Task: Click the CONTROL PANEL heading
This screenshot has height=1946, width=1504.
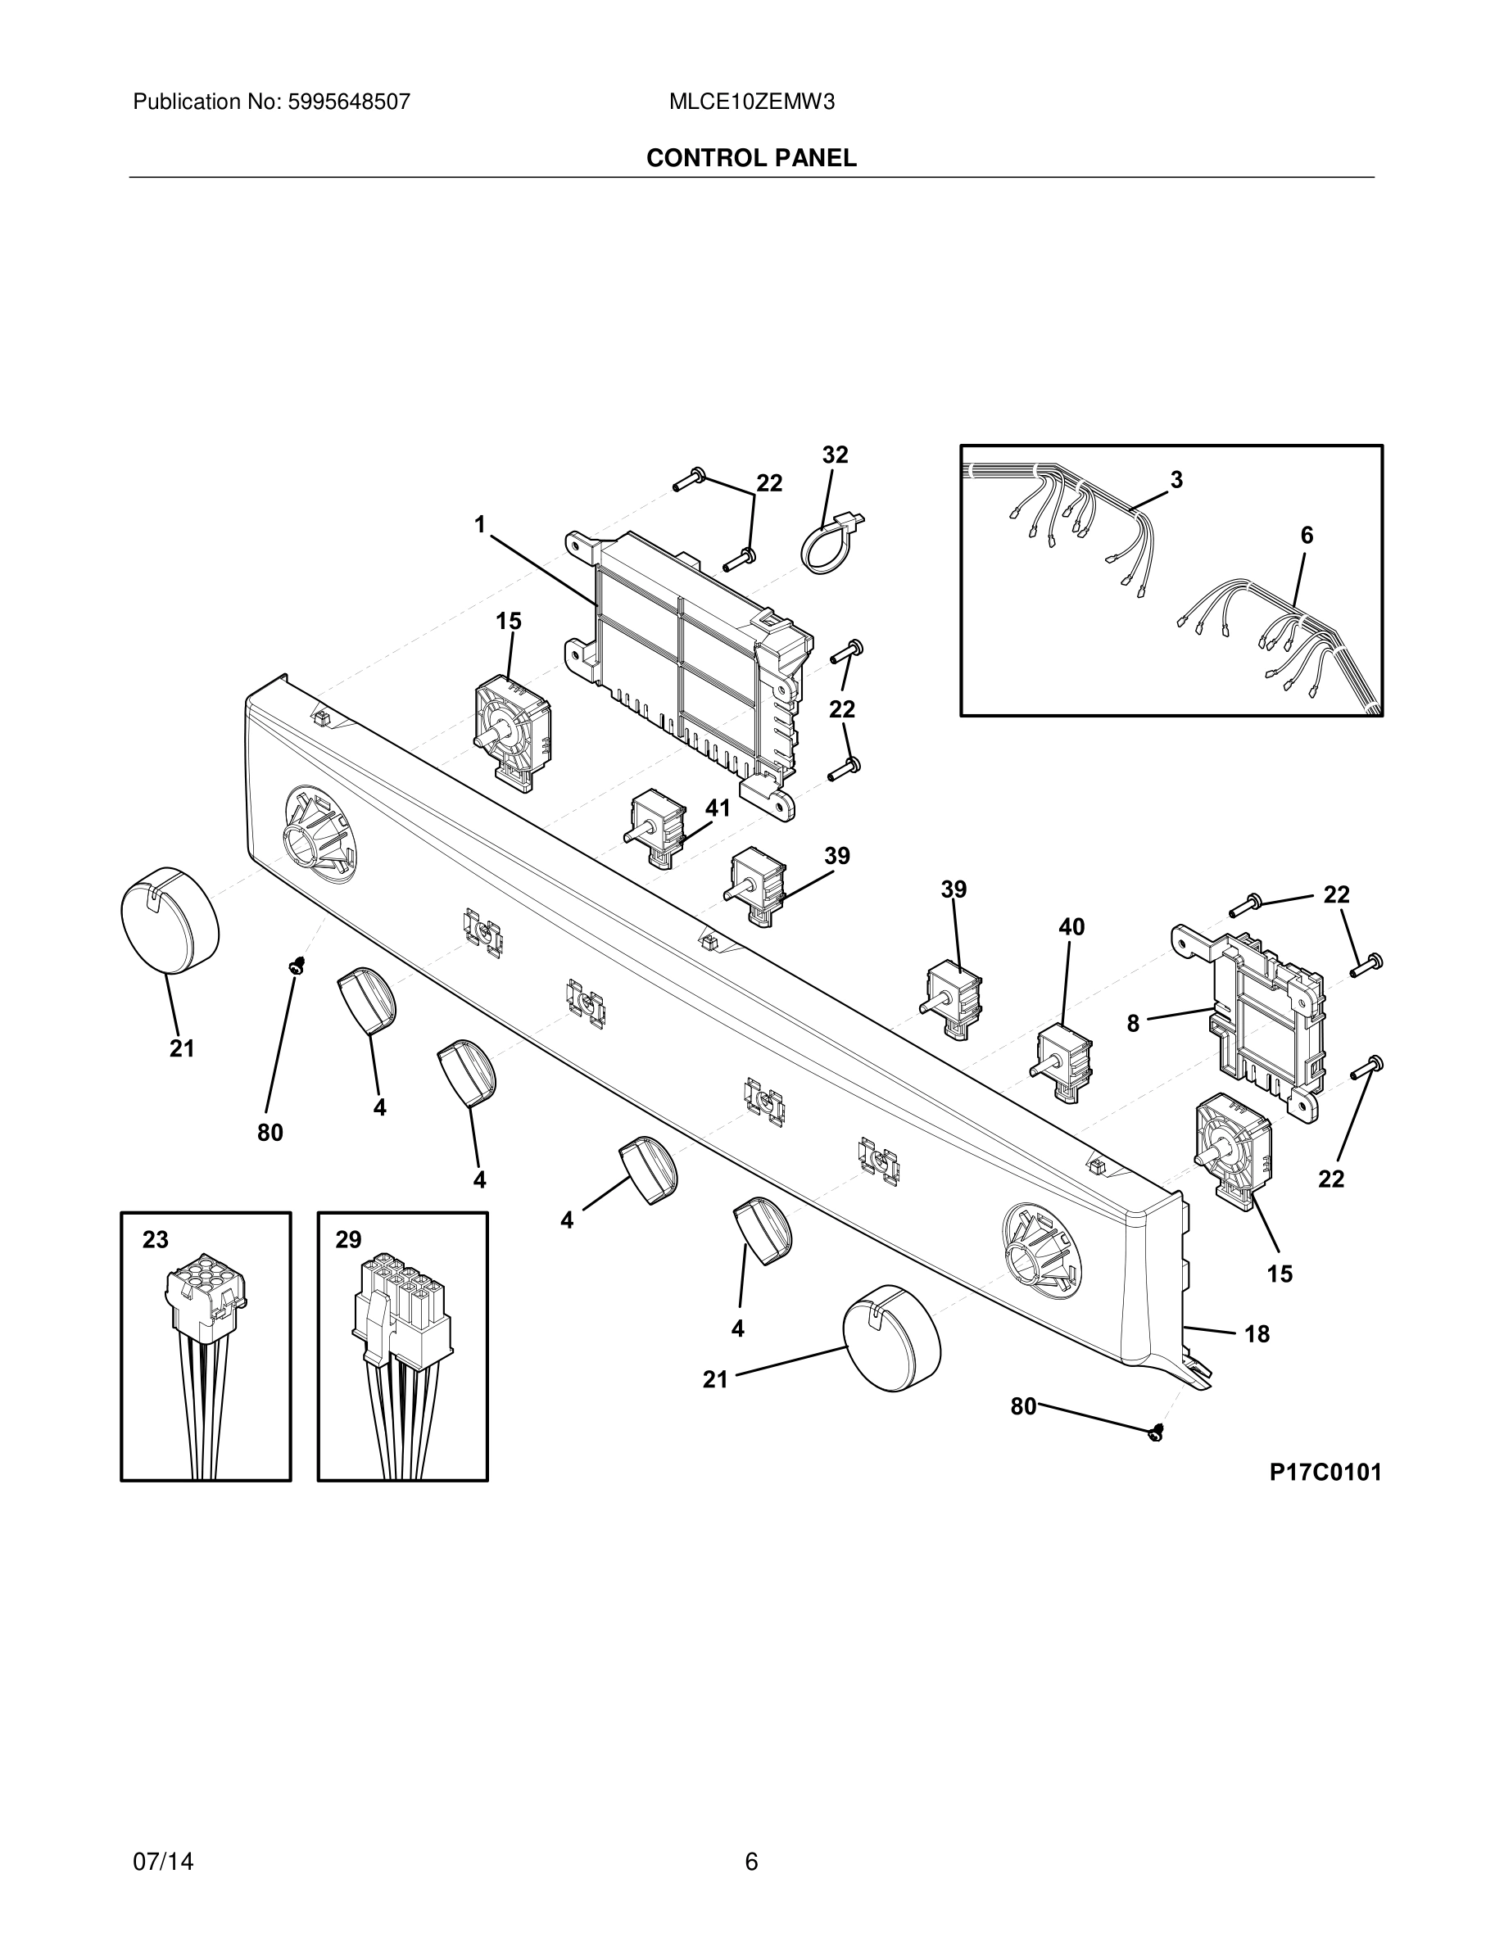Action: point(751,158)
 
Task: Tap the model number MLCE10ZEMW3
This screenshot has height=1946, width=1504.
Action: point(751,102)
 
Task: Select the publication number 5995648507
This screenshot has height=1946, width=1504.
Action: point(347,102)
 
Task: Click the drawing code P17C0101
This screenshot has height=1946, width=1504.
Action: point(1325,1471)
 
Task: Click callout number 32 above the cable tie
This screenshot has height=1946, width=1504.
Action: point(835,455)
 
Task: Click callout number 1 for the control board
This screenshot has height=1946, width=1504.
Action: point(479,525)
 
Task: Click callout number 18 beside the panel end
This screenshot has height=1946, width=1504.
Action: point(1257,1334)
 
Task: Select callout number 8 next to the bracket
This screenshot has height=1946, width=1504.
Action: point(1132,1024)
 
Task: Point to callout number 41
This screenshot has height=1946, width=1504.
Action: point(718,808)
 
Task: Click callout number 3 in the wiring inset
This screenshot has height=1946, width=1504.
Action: point(1176,479)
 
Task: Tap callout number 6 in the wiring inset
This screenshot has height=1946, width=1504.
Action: point(1307,536)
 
